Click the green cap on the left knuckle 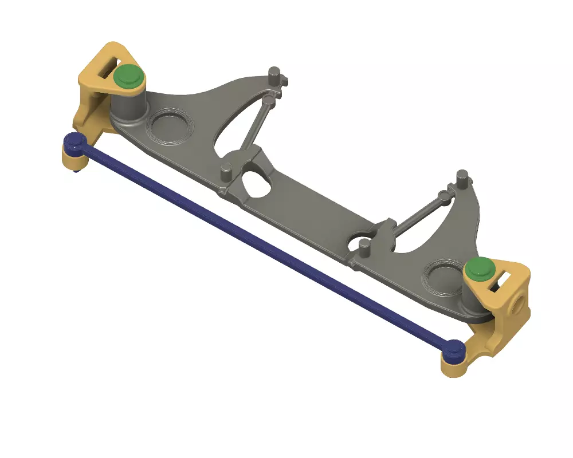(x=128, y=75)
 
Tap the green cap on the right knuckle (x=480, y=267)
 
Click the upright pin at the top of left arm (x=275, y=74)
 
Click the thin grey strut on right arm (x=421, y=215)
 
